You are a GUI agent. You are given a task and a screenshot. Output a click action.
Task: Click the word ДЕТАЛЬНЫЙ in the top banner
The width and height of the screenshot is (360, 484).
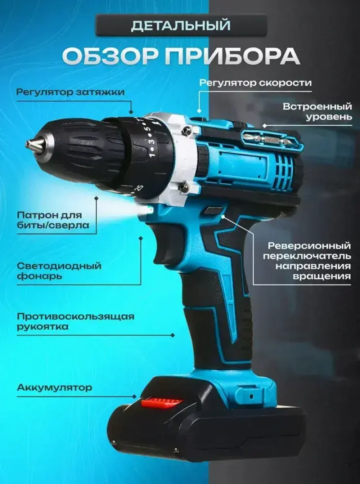coord(180,26)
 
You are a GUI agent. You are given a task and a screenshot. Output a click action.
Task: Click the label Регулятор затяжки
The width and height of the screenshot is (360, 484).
coord(71,92)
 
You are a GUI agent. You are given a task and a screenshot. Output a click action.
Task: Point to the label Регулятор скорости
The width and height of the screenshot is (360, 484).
coord(256,83)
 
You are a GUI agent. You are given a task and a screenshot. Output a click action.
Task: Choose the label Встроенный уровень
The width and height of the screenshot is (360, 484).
coord(317,112)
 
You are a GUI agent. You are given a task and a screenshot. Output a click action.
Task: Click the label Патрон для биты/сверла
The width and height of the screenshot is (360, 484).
coord(53,220)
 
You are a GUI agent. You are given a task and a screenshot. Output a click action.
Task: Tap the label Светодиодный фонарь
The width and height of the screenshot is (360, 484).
coord(59,271)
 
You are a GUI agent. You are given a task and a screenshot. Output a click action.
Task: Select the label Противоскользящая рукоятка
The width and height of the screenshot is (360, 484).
coord(75,321)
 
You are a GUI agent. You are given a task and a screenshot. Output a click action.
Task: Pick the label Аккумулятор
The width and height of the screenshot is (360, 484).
coord(54,387)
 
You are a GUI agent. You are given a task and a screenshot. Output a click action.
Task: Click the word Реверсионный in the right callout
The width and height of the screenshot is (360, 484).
coord(309,246)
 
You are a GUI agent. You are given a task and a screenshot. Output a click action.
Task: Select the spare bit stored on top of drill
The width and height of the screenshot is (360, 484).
coord(266,139)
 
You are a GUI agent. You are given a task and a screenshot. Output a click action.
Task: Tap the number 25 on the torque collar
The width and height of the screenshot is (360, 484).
coord(139,188)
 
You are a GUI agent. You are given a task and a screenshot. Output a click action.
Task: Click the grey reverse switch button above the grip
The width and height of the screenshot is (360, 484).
coord(213,210)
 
